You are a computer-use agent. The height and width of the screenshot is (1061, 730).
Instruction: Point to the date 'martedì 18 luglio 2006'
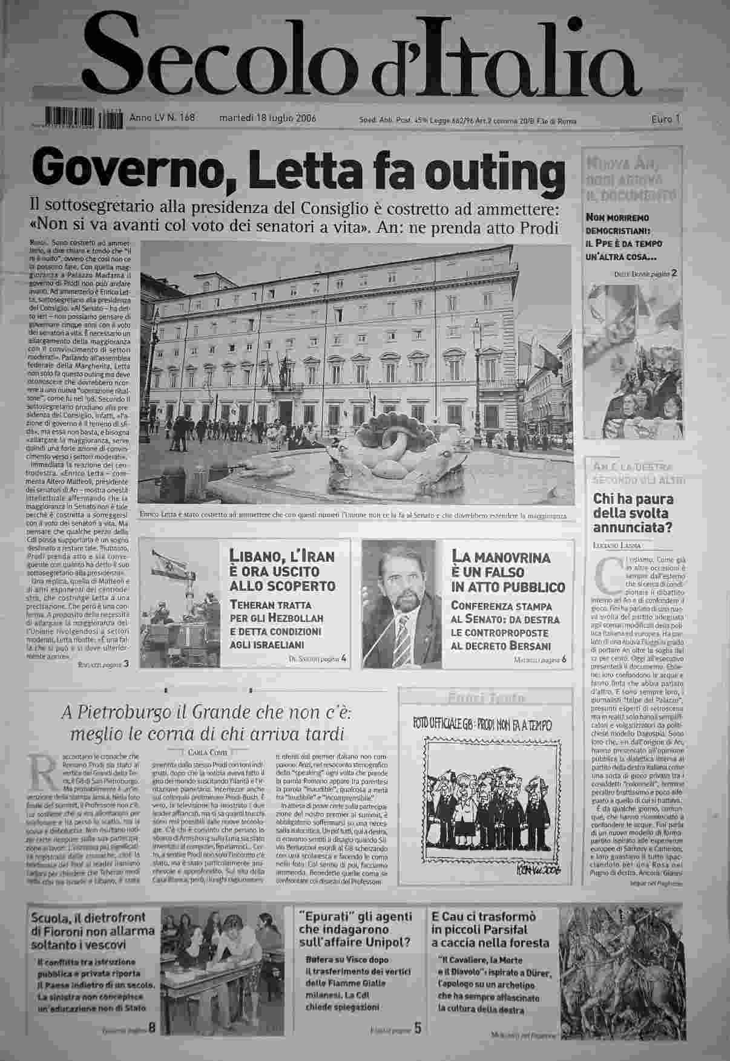(267, 119)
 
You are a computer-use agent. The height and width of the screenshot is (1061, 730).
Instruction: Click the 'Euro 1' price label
(666, 120)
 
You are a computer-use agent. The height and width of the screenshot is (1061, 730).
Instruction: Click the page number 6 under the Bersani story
(564, 659)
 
